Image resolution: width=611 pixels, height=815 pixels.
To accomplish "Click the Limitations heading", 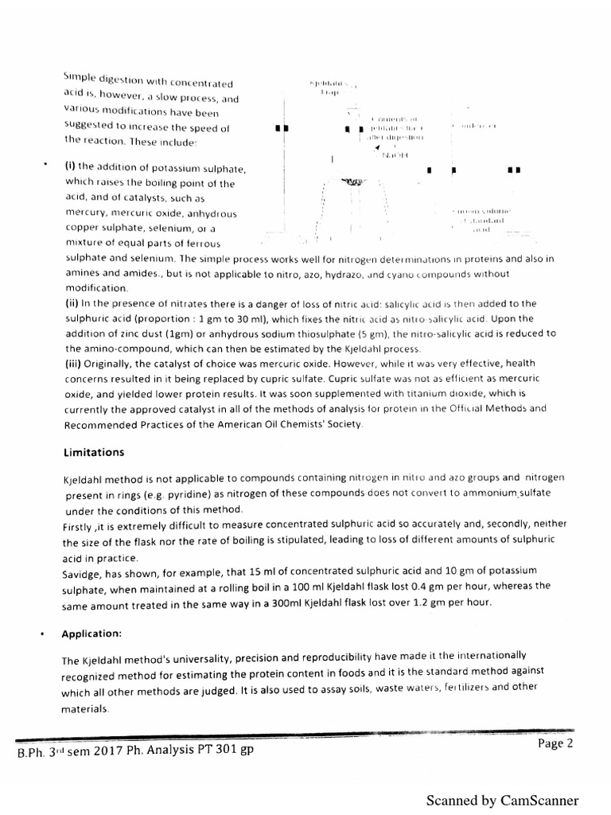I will coord(93,452).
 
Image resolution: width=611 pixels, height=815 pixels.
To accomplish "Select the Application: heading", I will coord(92,634).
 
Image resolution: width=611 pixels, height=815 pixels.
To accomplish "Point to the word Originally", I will coord(108,364).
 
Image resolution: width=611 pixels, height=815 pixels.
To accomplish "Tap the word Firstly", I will coord(80,527).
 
